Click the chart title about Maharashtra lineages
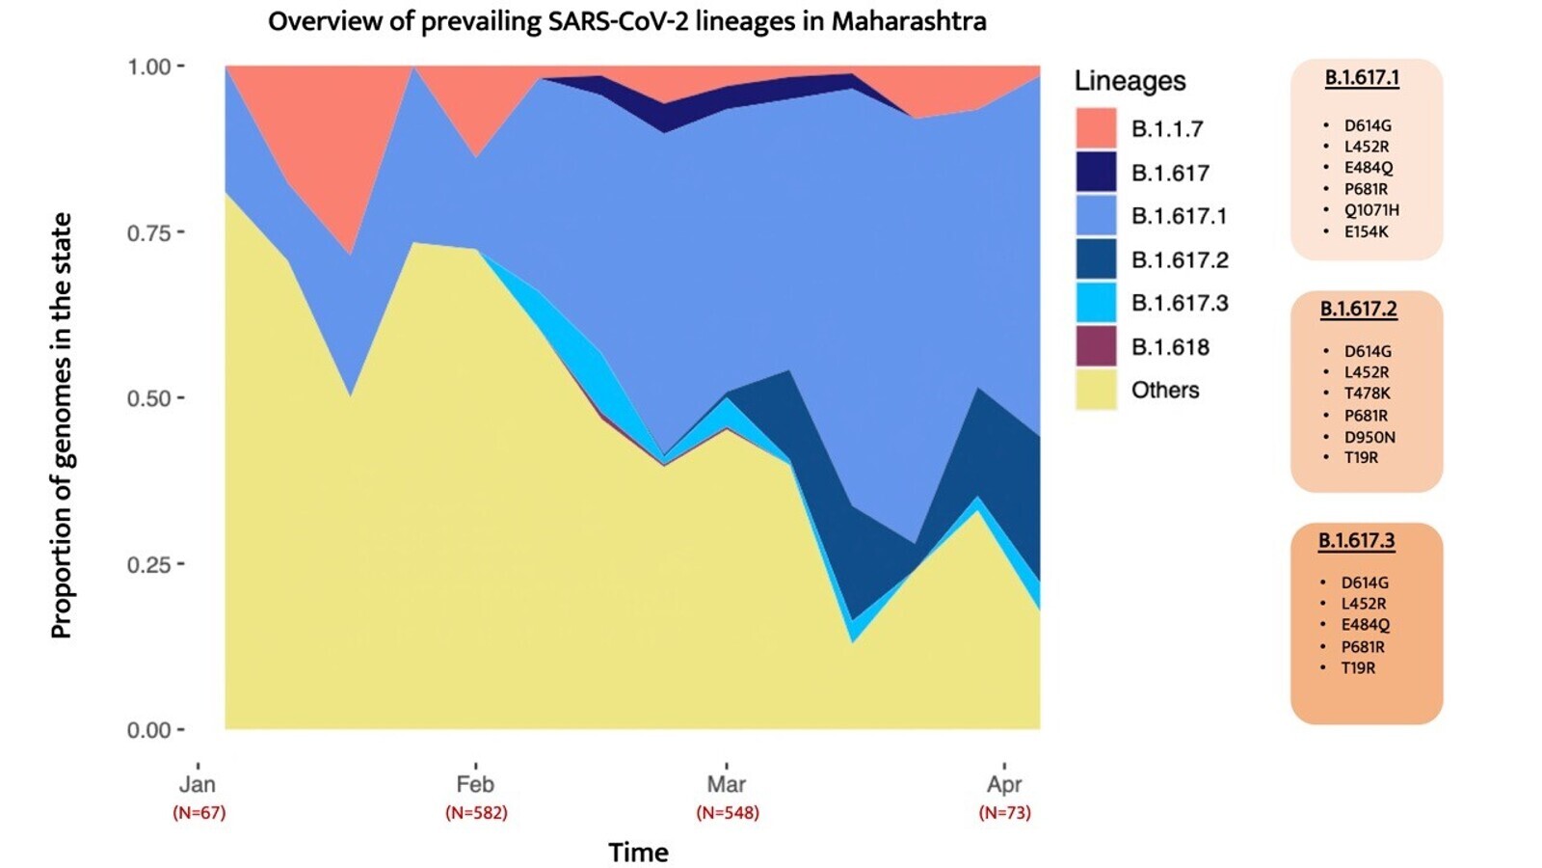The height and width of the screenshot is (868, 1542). pos(626,21)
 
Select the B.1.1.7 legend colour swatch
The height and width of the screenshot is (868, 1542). pos(1096,128)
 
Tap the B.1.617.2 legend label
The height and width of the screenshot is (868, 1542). pos(1180,259)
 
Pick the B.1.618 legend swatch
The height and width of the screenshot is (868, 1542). pos(1096,346)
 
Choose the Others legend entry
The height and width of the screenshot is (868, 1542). pos(1165,390)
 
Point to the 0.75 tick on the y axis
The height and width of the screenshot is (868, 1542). pos(149,232)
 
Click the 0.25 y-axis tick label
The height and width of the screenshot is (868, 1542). pos(149,564)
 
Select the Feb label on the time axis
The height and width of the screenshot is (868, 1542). pos(475,784)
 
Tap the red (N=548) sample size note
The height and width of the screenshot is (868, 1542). pos(727,813)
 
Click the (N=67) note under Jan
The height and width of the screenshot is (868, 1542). pos(199,813)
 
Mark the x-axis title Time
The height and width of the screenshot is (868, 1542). pos(638,853)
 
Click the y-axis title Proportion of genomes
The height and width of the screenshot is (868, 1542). pos(62,424)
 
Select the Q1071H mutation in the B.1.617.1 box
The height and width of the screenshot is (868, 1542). pos(1371,210)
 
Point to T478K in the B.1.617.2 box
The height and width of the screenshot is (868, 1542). pos(1368,393)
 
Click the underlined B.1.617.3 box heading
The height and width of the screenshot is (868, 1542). pos(1356,540)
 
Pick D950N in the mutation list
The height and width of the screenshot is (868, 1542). pos(1369,437)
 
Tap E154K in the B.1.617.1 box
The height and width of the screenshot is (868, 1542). pos(1367,231)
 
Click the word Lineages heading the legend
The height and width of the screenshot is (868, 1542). pos(1130,81)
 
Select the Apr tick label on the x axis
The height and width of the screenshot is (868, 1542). pos(1004,784)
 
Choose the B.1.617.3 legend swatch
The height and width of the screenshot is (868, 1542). pos(1096,303)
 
